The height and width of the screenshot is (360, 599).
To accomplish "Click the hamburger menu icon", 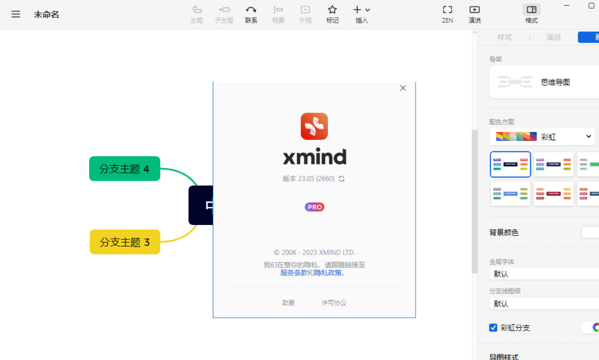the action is click(x=16, y=14).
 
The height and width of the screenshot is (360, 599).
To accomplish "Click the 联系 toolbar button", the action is click(x=251, y=14).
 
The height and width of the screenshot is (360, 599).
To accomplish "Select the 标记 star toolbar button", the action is click(x=332, y=14).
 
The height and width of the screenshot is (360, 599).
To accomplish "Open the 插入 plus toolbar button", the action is click(x=361, y=14).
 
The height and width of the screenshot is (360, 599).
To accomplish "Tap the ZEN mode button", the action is click(x=448, y=14).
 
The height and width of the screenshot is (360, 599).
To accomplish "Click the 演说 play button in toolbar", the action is click(x=474, y=14).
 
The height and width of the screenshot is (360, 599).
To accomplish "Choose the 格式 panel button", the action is click(x=531, y=14).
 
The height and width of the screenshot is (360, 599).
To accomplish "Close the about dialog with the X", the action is click(x=403, y=88).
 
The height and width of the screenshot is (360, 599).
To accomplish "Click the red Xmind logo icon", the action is click(x=314, y=126).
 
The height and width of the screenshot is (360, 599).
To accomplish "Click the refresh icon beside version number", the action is click(x=341, y=179).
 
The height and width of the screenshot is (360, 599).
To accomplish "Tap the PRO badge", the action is click(x=314, y=207).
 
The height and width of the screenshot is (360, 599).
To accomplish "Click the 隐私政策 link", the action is click(x=328, y=273).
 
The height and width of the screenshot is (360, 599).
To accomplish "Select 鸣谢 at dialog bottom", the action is click(x=289, y=303).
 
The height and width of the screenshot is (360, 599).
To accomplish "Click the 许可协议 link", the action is click(x=334, y=303).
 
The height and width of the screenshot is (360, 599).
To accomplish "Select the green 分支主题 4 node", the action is click(x=125, y=169).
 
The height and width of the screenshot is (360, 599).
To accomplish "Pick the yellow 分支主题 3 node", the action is click(x=125, y=242).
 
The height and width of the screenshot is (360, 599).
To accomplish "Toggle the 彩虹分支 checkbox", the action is click(x=493, y=328).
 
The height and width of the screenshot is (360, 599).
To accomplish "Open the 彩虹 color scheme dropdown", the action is click(x=542, y=136).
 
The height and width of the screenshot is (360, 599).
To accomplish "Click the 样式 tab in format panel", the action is click(x=504, y=37).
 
